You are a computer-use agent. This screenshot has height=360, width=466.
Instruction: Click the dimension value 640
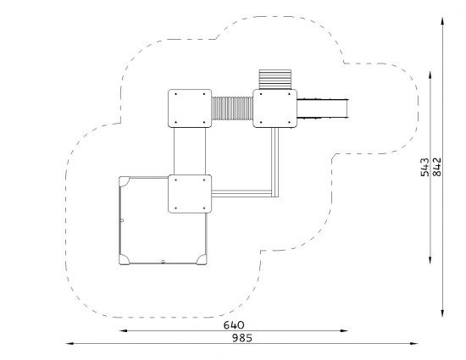point(234,325)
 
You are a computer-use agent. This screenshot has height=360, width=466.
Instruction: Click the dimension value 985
point(242,338)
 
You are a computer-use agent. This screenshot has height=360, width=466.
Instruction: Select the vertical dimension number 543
point(425,167)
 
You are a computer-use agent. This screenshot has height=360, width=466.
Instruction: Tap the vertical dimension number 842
point(437,167)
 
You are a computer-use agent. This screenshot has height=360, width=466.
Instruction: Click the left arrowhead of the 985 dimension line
point(69,344)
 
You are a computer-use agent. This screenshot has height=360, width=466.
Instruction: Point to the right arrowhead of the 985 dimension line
point(414,344)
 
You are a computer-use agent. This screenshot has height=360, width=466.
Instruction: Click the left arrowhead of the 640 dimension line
point(123,330)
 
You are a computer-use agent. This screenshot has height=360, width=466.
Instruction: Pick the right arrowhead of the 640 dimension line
point(344,330)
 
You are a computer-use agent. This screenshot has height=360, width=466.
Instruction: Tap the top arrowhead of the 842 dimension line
point(442,22)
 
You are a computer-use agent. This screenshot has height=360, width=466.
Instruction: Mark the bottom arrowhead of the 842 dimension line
point(442,313)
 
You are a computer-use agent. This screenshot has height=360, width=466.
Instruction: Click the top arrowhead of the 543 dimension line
point(430,75)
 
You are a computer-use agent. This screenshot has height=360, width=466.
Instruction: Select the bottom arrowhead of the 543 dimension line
point(430,259)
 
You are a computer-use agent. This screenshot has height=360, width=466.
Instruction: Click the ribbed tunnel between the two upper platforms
point(232,108)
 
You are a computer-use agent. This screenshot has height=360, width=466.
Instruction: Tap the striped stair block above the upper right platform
point(275,80)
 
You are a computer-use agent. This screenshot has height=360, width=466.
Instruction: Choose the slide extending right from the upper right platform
point(322,108)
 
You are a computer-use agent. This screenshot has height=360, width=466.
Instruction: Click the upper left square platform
point(190,108)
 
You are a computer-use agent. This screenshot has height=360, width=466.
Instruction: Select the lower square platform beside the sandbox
point(190,194)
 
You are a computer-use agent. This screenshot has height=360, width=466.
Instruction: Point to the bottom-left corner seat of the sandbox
point(124,260)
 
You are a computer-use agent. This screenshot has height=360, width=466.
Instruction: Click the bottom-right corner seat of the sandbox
point(202,260)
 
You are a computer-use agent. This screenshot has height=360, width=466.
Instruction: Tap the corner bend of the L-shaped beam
point(275,194)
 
